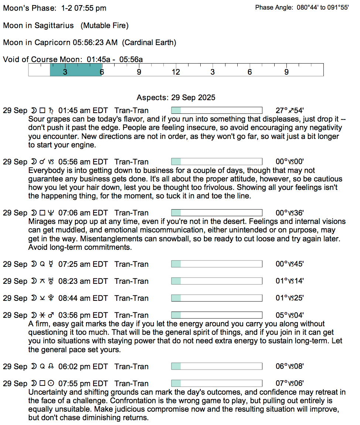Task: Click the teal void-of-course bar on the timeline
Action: [x=76, y=70]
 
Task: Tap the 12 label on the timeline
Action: [x=176, y=72]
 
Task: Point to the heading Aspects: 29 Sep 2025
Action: [x=176, y=98]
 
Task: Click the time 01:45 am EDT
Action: [x=83, y=110]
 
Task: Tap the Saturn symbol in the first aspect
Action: [x=51, y=110]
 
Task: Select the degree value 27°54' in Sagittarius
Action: [x=290, y=110]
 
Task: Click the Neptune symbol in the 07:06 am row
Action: [x=51, y=213]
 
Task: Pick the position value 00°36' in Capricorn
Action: [x=290, y=213]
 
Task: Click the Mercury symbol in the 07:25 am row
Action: [x=51, y=264]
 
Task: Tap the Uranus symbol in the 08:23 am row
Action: [x=51, y=281]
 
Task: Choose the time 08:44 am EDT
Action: [x=83, y=298]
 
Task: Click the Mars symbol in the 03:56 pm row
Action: [x=51, y=315]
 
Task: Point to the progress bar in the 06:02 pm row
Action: [x=217, y=367]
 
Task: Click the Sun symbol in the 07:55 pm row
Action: [x=51, y=384]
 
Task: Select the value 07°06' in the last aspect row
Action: [x=290, y=384]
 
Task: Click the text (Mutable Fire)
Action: [x=105, y=25]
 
